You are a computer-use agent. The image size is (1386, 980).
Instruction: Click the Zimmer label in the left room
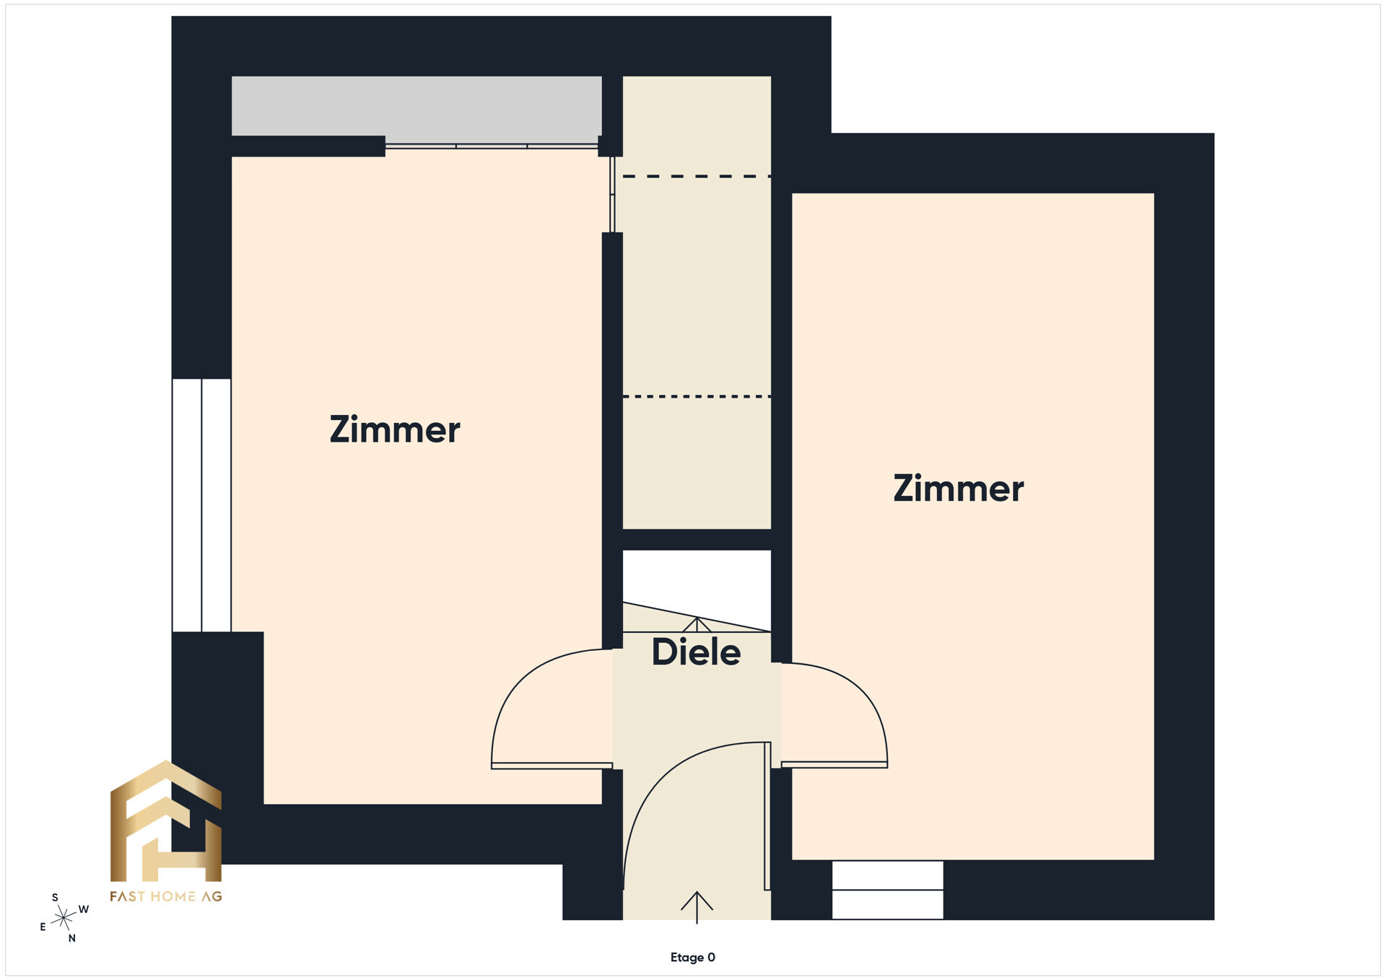(x=395, y=429)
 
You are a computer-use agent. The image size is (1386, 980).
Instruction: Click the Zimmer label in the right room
(x=959, y=488)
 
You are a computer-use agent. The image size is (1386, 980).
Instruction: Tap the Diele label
(x=696, y=652)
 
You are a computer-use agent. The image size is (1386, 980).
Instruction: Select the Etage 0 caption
(x=693, y=957)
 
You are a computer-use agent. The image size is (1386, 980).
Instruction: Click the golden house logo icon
(x=166, y=821)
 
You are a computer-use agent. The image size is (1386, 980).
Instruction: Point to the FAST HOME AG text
(x=166, y=896)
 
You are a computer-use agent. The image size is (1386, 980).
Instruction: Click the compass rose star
(x=64, y=917)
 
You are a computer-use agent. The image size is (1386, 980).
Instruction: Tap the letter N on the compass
(x=71, y=938)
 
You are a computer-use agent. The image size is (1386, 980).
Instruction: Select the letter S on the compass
(x=55, y=898)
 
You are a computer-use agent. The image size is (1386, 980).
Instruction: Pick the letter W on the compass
(x=84, y=909)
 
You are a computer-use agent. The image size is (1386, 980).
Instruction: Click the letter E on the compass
(x=43, y=927)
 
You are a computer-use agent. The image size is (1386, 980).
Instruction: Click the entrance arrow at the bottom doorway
(x=697, y=907)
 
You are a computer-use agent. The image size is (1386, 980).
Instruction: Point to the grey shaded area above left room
(x=417, y=105)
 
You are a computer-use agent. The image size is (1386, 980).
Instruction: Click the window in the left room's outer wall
(x=201, y=505)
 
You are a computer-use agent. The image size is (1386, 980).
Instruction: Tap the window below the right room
(x=888, y=890)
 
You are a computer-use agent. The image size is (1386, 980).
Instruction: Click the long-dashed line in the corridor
(x=697, y=176)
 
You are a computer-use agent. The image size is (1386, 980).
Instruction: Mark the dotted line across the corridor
(x=697, y=396)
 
